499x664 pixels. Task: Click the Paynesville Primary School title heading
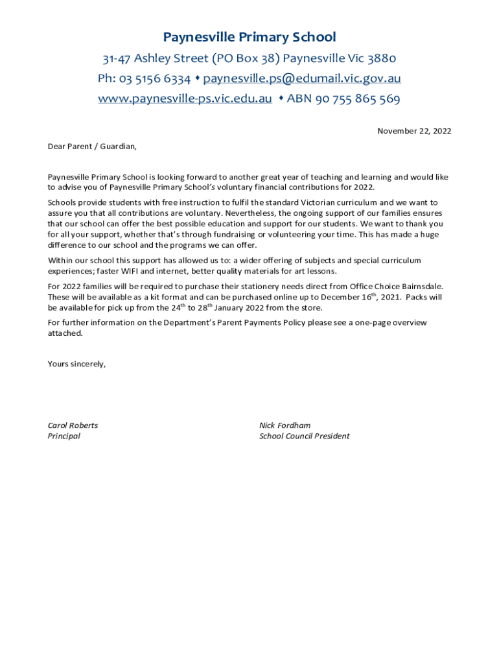(250, 37)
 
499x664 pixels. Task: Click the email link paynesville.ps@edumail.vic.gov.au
(302, 79)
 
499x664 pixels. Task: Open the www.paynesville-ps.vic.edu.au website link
(185, 99)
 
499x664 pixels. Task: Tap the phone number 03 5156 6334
(154, 79)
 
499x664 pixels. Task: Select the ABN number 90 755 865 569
(358, 99)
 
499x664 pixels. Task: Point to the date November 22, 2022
(414, 131)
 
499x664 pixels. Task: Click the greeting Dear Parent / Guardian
(92, 147)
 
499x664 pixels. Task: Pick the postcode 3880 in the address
(382, 59)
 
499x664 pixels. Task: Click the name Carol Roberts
(73, 425)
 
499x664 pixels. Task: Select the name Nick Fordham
(284, 425)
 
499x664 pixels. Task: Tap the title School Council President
(304, 436)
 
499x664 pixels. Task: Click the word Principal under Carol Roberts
(64, 436)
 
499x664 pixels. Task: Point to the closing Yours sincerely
(76, 364)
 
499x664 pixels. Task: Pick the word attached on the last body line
(65, 333)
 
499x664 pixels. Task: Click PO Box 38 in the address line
(246, 59)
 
